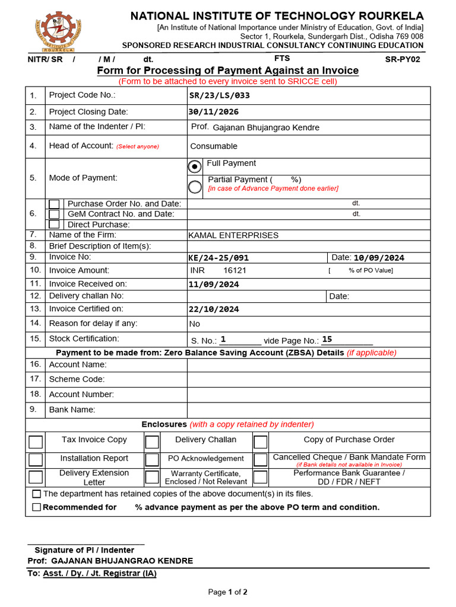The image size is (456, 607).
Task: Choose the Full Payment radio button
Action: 195,167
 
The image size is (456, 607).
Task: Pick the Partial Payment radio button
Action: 195,187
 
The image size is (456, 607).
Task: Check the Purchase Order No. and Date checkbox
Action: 54,204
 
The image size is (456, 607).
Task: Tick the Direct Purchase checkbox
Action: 54,224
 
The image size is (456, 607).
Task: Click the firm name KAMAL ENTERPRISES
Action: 233,235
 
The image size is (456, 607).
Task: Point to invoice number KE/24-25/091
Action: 218,258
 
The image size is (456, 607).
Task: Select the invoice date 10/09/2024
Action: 379,258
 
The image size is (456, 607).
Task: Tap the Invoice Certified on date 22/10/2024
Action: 214,309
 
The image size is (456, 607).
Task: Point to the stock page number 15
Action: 327,340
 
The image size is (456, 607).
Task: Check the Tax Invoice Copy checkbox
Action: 36,442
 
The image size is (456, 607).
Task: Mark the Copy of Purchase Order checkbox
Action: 261,442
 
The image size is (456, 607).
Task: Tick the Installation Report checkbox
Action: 36,460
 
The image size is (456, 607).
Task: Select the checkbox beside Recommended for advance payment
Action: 37,507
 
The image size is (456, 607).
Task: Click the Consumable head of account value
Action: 214,146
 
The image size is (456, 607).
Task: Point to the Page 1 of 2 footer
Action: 227,592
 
